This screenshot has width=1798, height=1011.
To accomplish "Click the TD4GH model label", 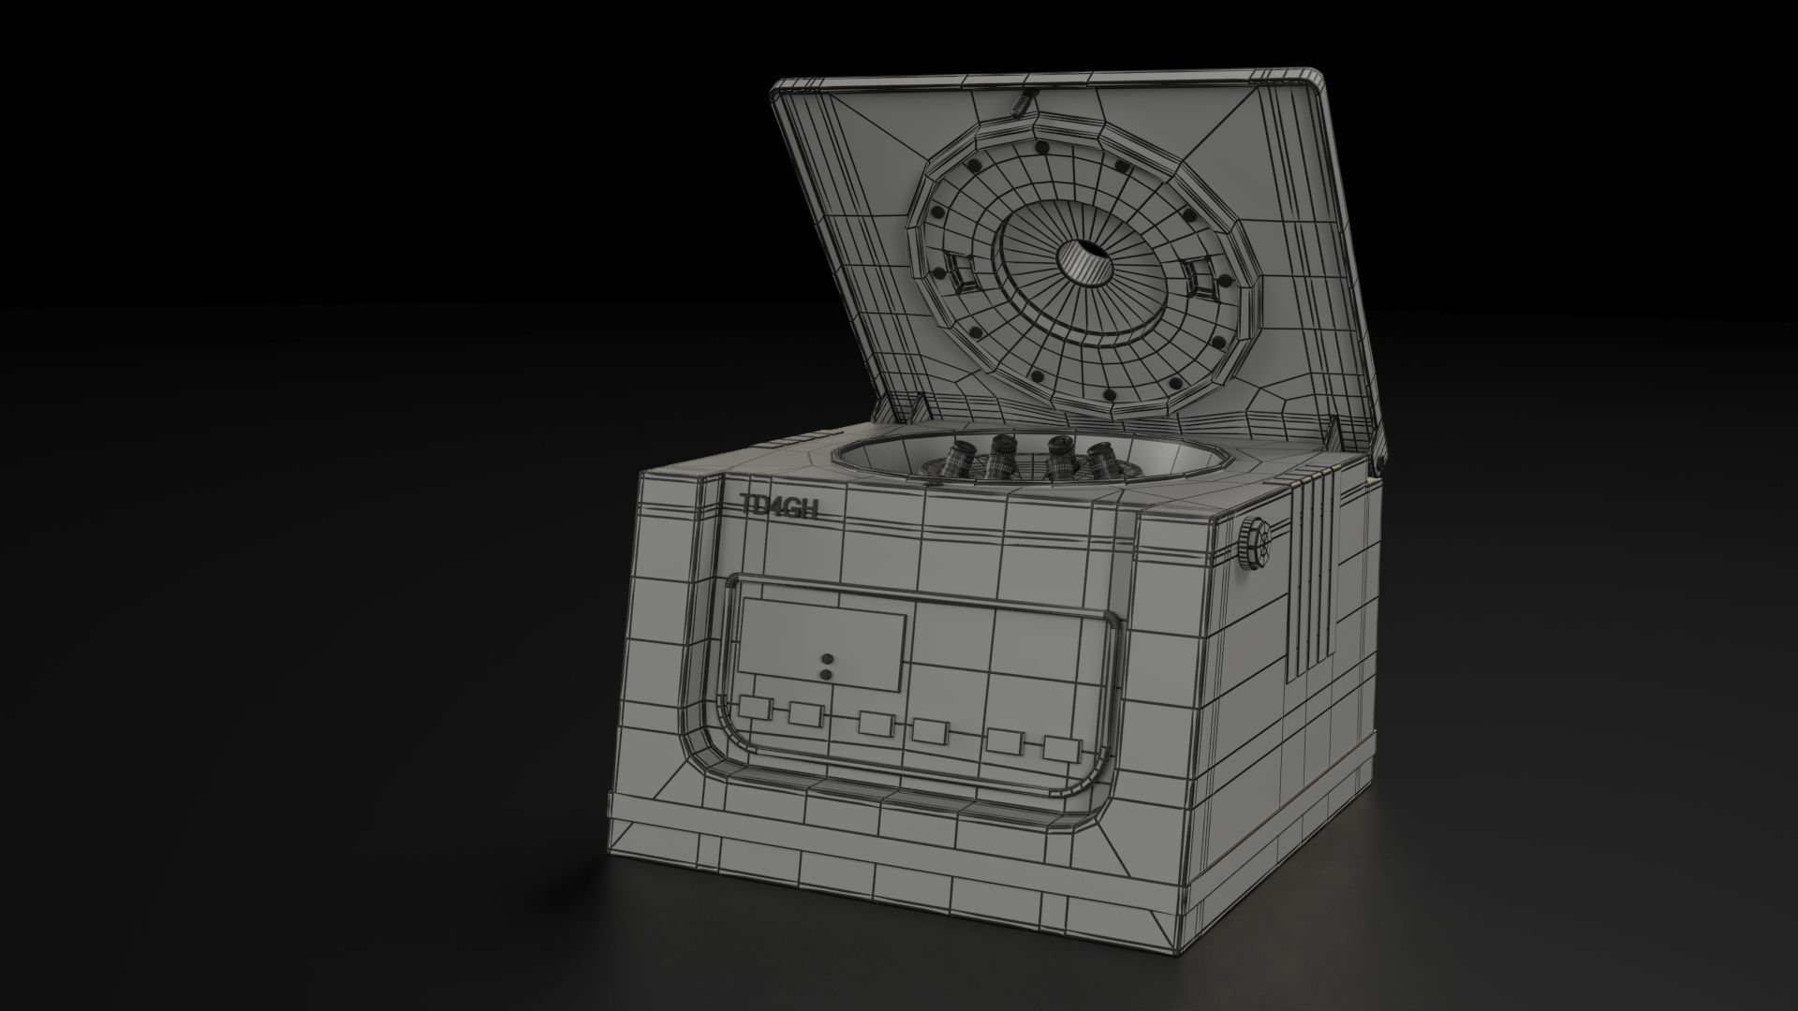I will tap(779, 506).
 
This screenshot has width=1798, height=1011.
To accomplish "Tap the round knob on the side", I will tap(1257, 544).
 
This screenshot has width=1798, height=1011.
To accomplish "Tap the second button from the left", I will tap(804, 714).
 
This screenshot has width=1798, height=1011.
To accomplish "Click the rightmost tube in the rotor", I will tap(1097, 461).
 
